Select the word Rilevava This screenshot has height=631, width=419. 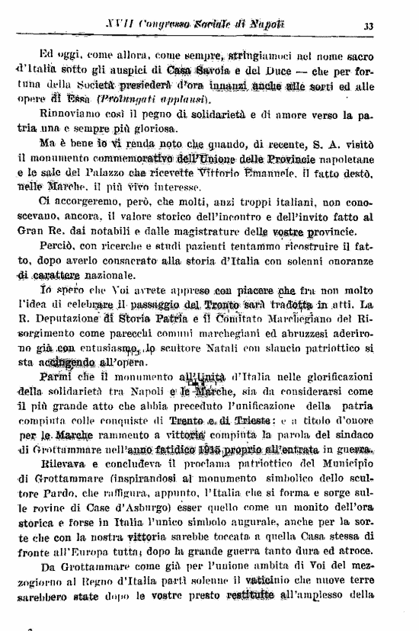[x=63, y=464]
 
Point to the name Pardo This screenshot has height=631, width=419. [x=50, y=493]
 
